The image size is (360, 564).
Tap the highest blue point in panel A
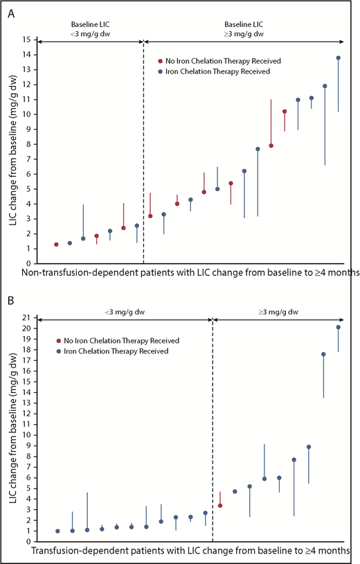(x=339, y=58)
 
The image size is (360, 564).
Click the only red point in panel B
(x=220, y=506)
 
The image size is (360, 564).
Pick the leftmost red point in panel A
(x=56, y=245)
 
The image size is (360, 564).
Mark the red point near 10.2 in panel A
(x=285, y=112)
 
